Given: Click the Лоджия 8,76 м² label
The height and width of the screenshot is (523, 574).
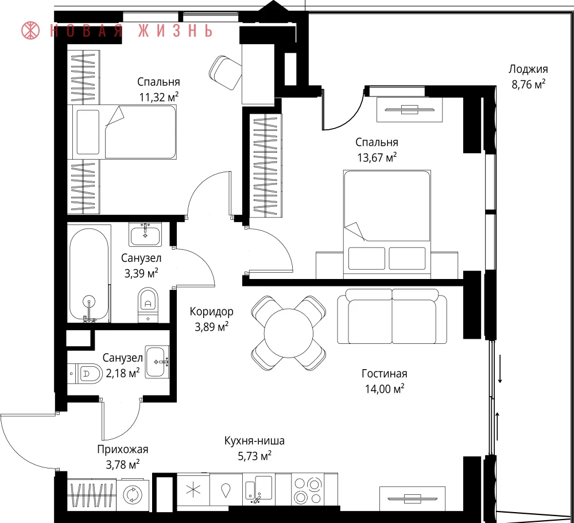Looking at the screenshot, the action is [528, 76].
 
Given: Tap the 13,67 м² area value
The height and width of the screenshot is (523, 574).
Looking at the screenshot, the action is [377, 157].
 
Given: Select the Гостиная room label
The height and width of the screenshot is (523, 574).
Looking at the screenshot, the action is [385, 374].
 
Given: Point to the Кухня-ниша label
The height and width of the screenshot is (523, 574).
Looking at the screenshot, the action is [254, 440].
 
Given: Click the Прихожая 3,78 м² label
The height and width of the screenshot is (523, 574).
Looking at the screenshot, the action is [123, 457].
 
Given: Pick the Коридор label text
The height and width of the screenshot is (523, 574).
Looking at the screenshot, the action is [212, 312].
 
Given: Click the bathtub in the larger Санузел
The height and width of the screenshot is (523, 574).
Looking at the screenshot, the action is [89, 274].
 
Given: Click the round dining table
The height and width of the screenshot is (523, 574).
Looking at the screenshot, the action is [289, 333].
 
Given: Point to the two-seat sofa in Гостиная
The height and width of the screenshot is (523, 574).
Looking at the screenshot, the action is [391, 316].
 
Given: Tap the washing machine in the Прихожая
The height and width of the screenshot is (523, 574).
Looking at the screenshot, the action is [133, 494].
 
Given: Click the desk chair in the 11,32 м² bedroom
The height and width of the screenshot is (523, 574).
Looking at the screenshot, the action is [226, 72].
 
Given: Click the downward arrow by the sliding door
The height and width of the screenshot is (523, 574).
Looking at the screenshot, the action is [500, 369].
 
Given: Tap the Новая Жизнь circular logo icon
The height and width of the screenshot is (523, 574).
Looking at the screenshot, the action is [31, 31].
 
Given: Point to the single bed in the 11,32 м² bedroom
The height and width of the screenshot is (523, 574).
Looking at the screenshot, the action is [124, 132].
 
